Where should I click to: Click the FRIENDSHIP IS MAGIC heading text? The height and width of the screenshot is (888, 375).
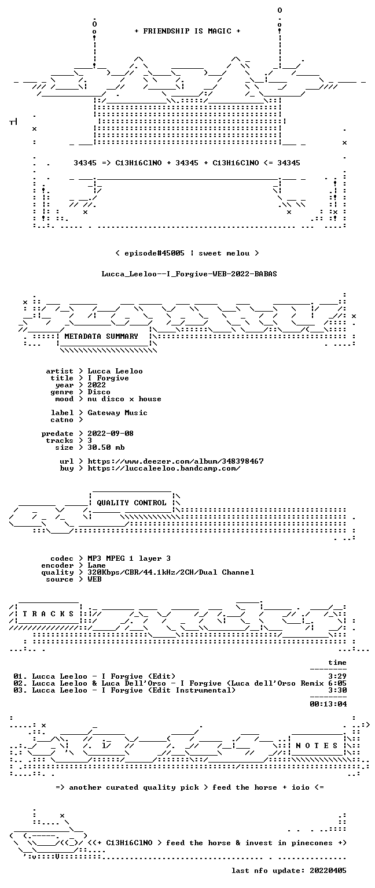point(187,31)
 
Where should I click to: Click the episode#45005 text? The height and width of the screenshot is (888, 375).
point(155,253)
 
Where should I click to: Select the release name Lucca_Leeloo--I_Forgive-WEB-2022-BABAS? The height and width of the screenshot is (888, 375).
point(189,274)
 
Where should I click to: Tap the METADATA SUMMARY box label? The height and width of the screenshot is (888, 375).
point(101,336)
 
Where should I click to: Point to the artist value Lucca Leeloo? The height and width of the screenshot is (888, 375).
point(115,371)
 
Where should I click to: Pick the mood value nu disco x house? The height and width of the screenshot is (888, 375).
point(124,399)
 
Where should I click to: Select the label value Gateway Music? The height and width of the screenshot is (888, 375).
point(117,413)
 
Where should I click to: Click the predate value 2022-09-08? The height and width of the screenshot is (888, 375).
point(111,433)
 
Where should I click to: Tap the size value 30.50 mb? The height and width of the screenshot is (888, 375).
point(106,447)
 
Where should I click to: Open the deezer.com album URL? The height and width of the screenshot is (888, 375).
point(175,461)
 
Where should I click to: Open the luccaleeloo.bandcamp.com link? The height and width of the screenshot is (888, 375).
point(164,468)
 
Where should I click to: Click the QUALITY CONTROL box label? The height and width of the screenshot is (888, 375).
point(131,502)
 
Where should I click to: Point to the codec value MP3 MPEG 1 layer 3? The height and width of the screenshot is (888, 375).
point(129,558)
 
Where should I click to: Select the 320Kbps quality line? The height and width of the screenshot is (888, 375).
point(171,572)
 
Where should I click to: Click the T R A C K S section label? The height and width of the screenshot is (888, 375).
point(48,613)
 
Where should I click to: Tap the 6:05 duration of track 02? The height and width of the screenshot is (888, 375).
point(337,683)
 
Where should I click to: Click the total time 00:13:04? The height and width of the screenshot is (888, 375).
point(328,704)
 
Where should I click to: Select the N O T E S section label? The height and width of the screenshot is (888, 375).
point(317,746)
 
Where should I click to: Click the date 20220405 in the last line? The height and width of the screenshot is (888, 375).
point(328,871)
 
